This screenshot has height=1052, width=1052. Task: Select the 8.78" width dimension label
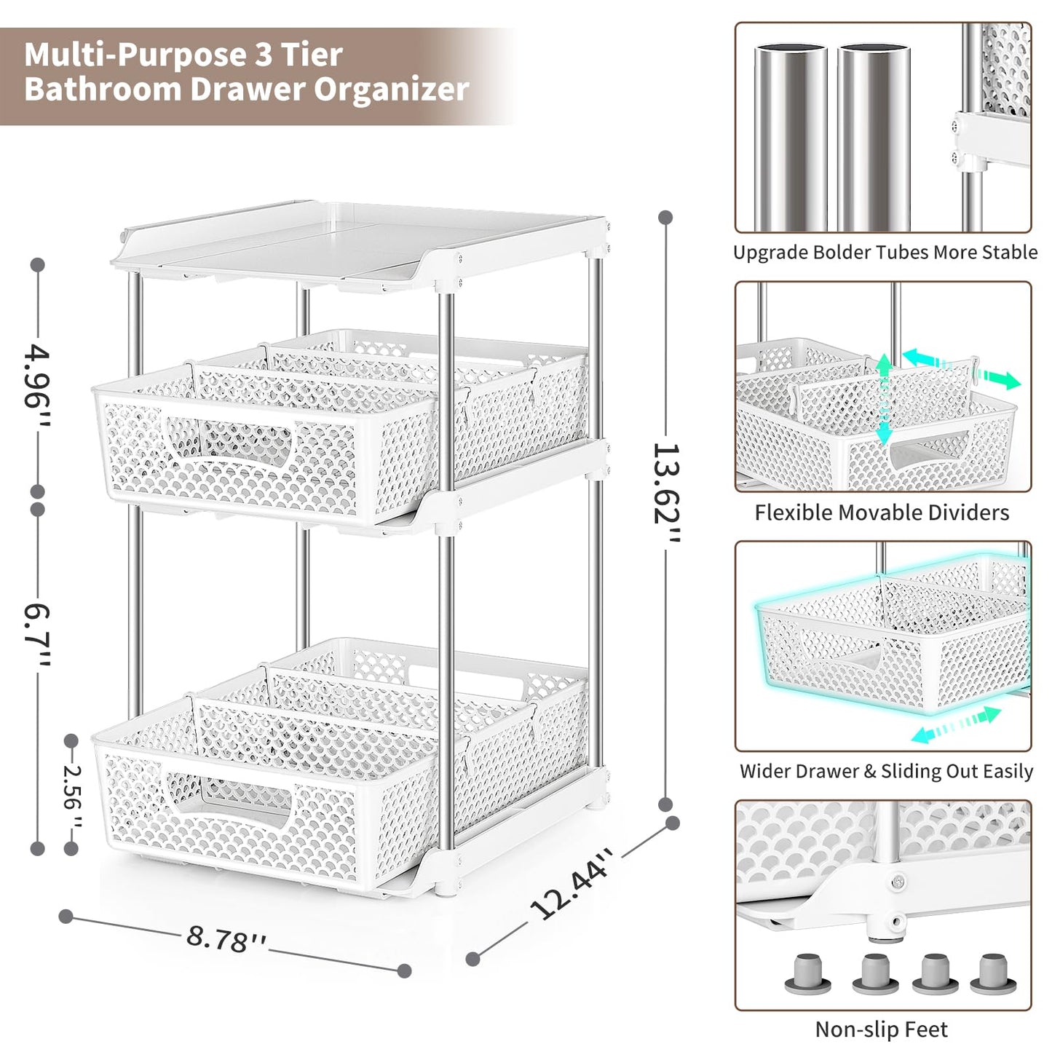[226, 938]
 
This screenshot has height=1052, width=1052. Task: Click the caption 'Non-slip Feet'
[881, 1029]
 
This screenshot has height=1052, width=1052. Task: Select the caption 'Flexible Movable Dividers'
[882, 513]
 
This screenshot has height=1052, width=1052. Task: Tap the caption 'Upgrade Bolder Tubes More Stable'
[885, 253]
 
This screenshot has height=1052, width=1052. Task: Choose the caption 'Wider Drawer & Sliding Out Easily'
[886, 771]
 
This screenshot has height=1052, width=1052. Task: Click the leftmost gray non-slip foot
[808, 973]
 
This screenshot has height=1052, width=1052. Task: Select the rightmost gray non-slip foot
[989, 973]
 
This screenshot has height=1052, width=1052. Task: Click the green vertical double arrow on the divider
[883, 399]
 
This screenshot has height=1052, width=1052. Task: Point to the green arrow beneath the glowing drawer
[956, 725]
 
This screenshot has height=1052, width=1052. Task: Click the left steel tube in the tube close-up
[790, 138]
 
